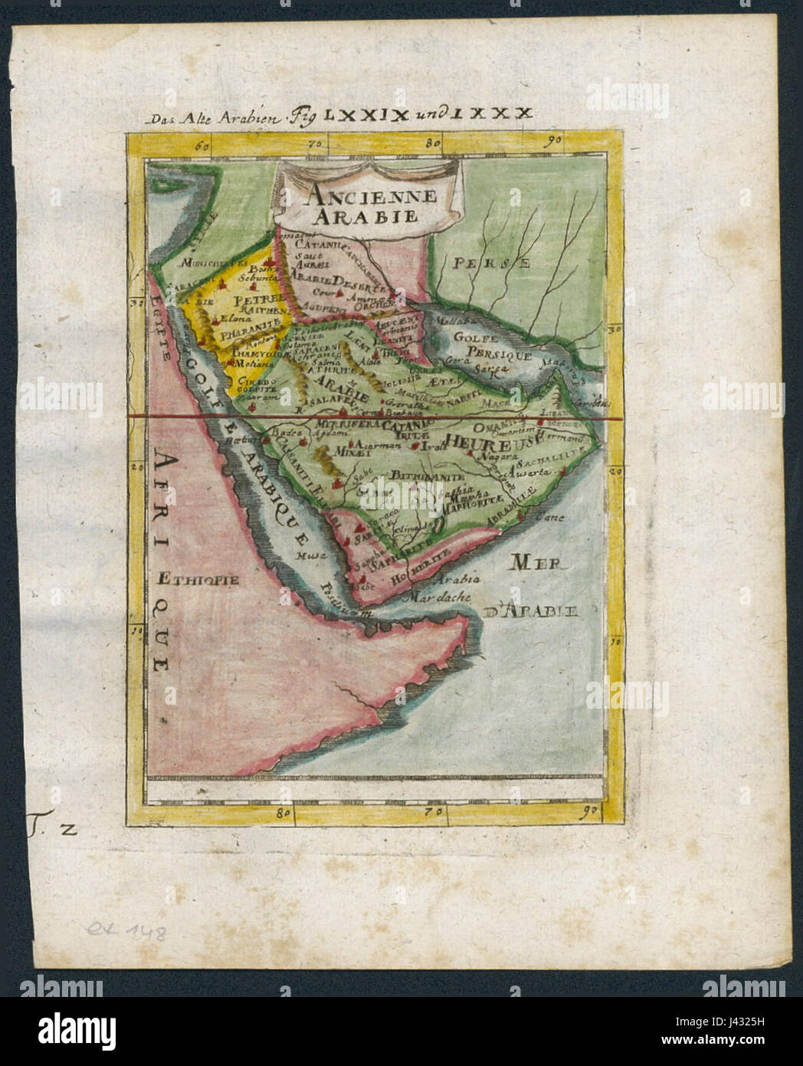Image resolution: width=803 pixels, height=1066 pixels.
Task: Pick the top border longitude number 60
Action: pyautogui.click(x=202, y=143)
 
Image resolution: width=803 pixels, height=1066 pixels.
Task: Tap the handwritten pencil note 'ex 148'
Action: pyautogui.click(x=125, y=933)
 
